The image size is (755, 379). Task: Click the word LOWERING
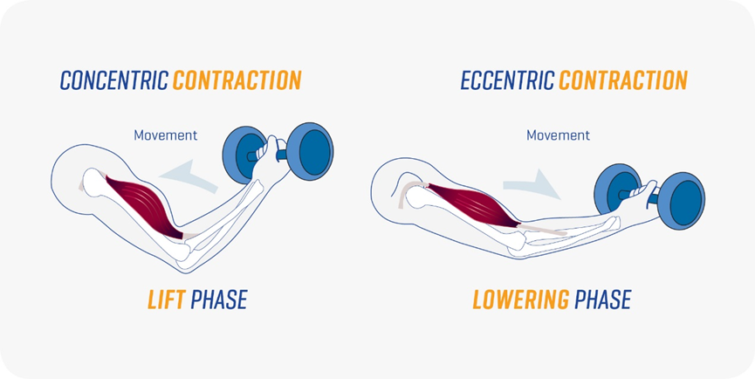(x=520, y=300)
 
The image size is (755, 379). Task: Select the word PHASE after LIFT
(x=218, y=300)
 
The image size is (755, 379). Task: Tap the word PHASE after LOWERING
(x=602, y=300)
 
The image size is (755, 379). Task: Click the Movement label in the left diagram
(x=165, y=135)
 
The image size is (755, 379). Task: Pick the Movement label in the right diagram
(x=558, y=135)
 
